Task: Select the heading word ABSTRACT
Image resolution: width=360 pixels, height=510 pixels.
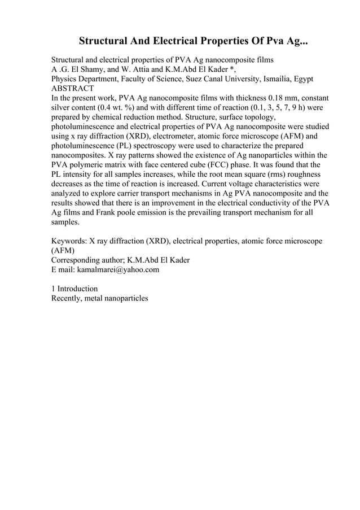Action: coord(73,89)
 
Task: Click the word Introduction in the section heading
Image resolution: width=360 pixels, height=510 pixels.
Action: coord(78,288)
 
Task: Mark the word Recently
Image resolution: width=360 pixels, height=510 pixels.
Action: coord(67,298)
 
